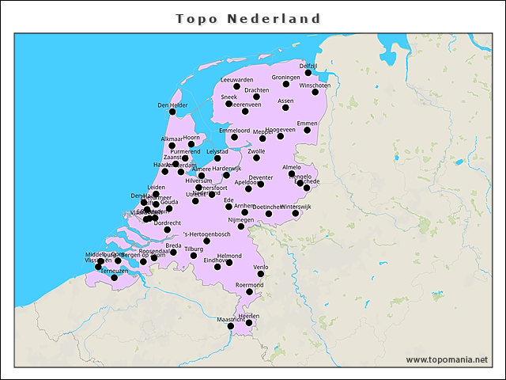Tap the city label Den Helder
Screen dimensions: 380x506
(172, 104)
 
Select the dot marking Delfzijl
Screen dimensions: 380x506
(308, 73)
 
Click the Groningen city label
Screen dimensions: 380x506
(285, 78)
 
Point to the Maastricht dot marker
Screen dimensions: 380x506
(230, 326)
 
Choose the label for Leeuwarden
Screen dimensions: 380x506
(237, 80)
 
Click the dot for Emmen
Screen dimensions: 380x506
(308, 130)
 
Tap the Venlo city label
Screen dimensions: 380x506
(261, 268)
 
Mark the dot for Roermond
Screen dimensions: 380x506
(250, 291)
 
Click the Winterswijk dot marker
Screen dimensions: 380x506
(296, 213)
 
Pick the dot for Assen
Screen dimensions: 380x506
(285, 108)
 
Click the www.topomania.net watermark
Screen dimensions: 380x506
(447, 360)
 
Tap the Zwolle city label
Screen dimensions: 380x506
(256, 150)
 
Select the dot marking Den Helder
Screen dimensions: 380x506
(172, 112)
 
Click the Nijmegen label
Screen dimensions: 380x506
(241, 219)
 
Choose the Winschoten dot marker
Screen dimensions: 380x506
(315, 92)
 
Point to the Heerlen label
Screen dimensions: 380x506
(249, 316)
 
